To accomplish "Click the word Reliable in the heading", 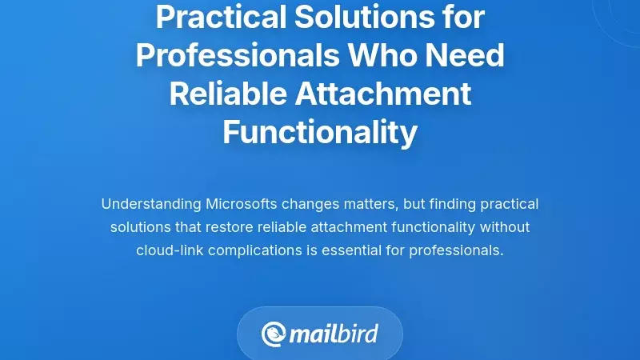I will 227,94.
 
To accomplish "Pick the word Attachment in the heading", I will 383,94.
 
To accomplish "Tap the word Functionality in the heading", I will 320,132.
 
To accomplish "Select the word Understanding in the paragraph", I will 150,204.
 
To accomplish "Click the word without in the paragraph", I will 506,227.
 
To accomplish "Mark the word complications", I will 254,250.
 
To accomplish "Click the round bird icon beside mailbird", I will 274,334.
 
